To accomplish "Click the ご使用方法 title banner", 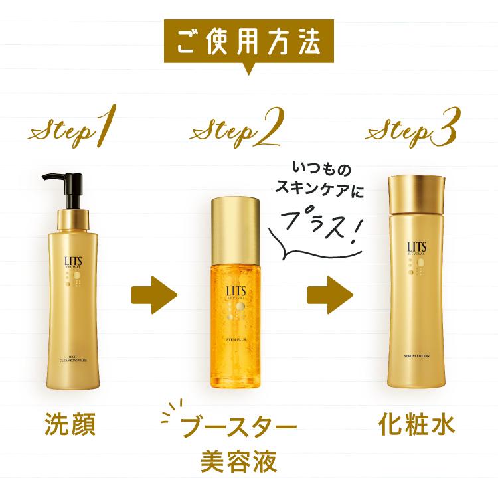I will pyautogui.click(x=249, y=41).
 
